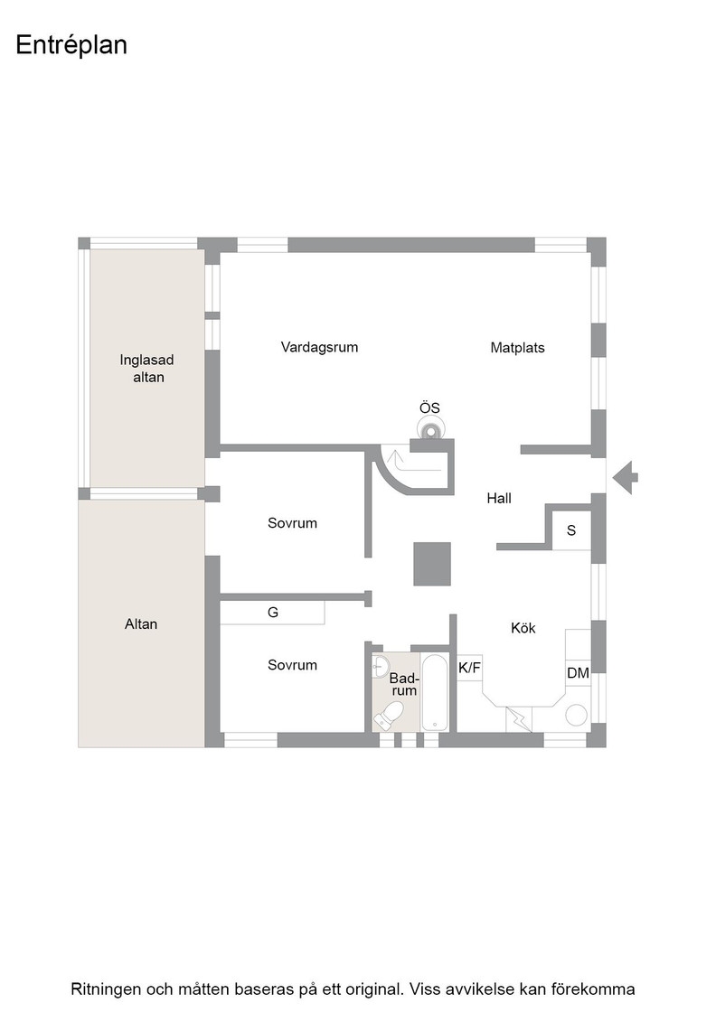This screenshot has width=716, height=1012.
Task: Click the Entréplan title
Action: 71,45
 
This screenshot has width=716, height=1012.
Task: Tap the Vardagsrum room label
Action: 320,347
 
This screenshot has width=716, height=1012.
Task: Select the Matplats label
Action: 517,348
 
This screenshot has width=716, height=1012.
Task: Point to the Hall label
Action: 499,498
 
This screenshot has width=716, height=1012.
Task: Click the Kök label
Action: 523,628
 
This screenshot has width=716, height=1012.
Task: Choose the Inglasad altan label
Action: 147,369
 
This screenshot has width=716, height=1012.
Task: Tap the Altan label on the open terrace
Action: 141,624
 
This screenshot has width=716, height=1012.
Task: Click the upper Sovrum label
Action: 293,523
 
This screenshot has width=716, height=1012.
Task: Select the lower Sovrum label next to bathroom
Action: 293,665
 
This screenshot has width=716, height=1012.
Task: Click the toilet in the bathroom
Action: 390,715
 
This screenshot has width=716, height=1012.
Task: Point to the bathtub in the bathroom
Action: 435,692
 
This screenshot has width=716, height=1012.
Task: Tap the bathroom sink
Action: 381,666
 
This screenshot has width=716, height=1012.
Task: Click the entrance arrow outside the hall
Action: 625,478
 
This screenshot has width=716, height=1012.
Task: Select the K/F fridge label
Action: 469,668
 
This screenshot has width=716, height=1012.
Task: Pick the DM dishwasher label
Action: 578,673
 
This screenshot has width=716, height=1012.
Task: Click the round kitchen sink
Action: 577,715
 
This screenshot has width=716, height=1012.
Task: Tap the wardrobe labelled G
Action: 272,613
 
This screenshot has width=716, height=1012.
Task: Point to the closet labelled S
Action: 571,530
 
